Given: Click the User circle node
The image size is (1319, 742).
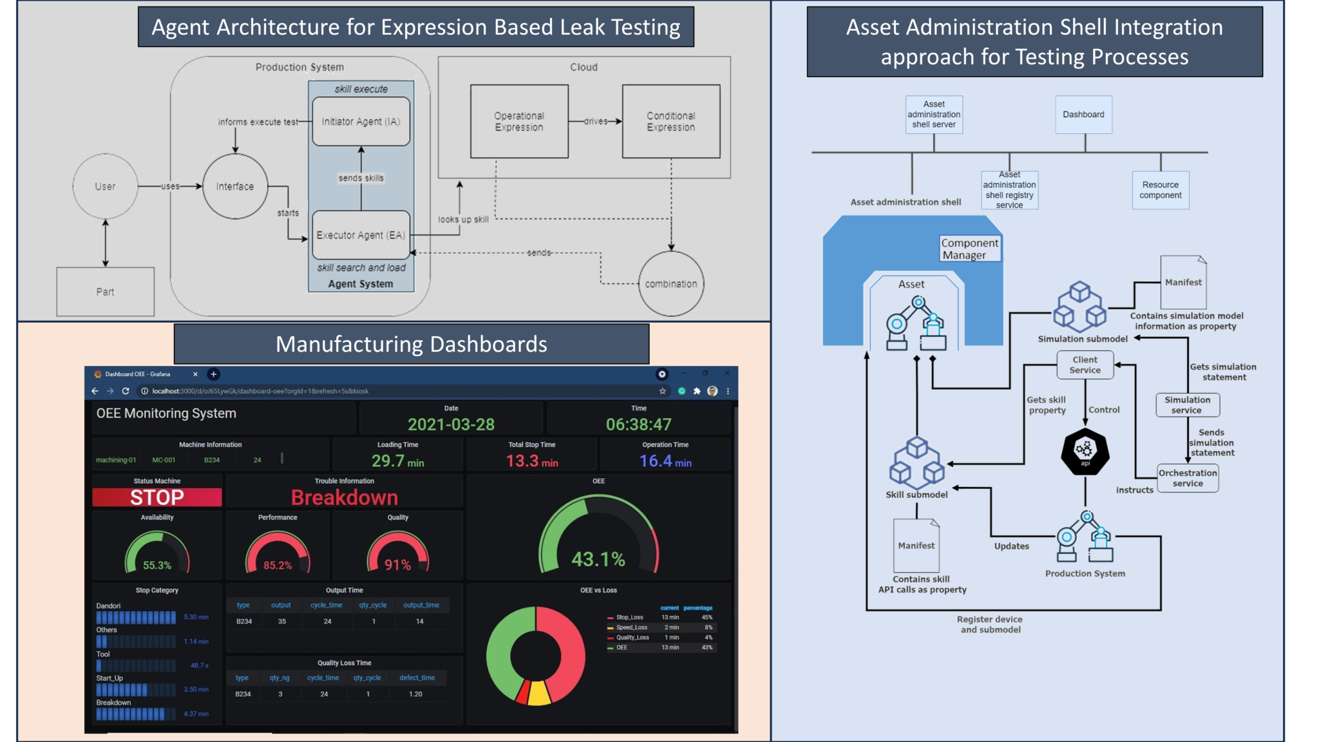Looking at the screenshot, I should (x=105, y=186).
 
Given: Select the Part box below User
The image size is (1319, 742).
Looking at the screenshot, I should (x=105, y=292).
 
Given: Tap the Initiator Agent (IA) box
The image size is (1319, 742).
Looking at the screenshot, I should (x=361, y=121).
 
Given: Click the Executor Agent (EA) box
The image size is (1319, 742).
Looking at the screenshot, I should (x=361, y=235).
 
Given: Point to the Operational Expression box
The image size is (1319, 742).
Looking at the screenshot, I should (x=519, y=121).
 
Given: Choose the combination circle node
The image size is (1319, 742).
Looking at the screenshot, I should (x=671, y=283).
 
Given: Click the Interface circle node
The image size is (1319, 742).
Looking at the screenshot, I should (x=235, y=186).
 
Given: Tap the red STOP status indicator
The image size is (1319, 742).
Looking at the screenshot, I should (x=157, y=497).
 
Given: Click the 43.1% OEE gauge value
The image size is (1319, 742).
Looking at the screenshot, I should (x=598, y=559).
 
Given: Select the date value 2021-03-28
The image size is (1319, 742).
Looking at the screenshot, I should (x=451, y=424).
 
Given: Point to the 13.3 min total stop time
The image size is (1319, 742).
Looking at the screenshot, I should (x=532, y=461).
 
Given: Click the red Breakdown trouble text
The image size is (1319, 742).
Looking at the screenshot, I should (x=345, y=497).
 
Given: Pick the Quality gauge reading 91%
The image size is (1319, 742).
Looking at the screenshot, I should (x=397, y=565).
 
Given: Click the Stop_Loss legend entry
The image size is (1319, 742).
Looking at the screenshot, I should (x=629, y=617).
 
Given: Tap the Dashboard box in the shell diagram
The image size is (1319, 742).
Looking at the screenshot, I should (x=1083, y=115).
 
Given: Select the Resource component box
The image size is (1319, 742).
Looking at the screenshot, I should (x=1161, y=190).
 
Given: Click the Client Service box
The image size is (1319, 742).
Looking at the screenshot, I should (x=1085, y=365).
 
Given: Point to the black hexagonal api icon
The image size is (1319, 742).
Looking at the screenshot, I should (x=1085, y=452).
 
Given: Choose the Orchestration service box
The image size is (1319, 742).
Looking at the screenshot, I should (x=1188, y=478).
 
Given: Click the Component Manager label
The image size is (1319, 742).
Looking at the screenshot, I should (x=969, y=249).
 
